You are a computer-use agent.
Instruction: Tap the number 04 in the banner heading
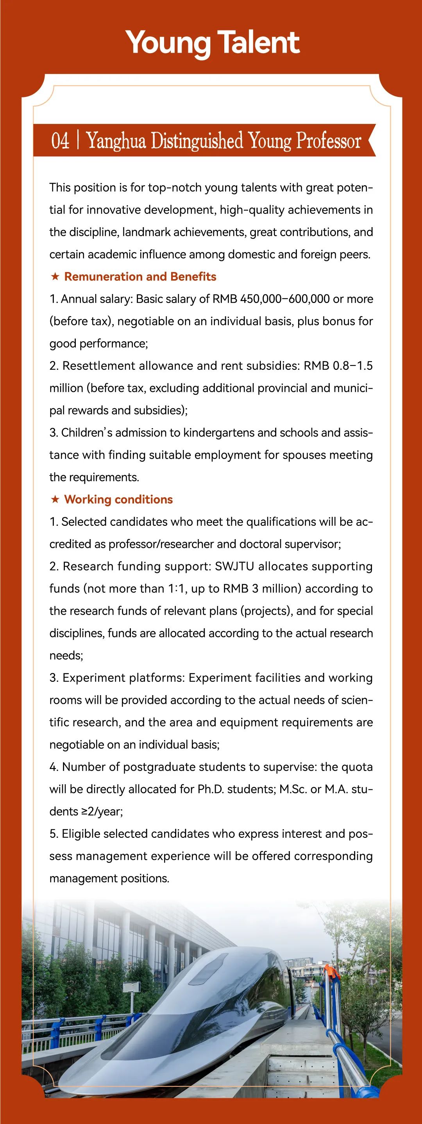[x=60, y=141]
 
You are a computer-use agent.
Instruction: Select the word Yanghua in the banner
[x=116, y=141]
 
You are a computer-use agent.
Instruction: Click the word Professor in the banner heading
[x=329, y=141]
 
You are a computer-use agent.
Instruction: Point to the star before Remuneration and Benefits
[x=55, y=277]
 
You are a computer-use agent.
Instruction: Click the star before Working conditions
[x=55, y=500]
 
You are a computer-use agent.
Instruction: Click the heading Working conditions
[x=118, y=500]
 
